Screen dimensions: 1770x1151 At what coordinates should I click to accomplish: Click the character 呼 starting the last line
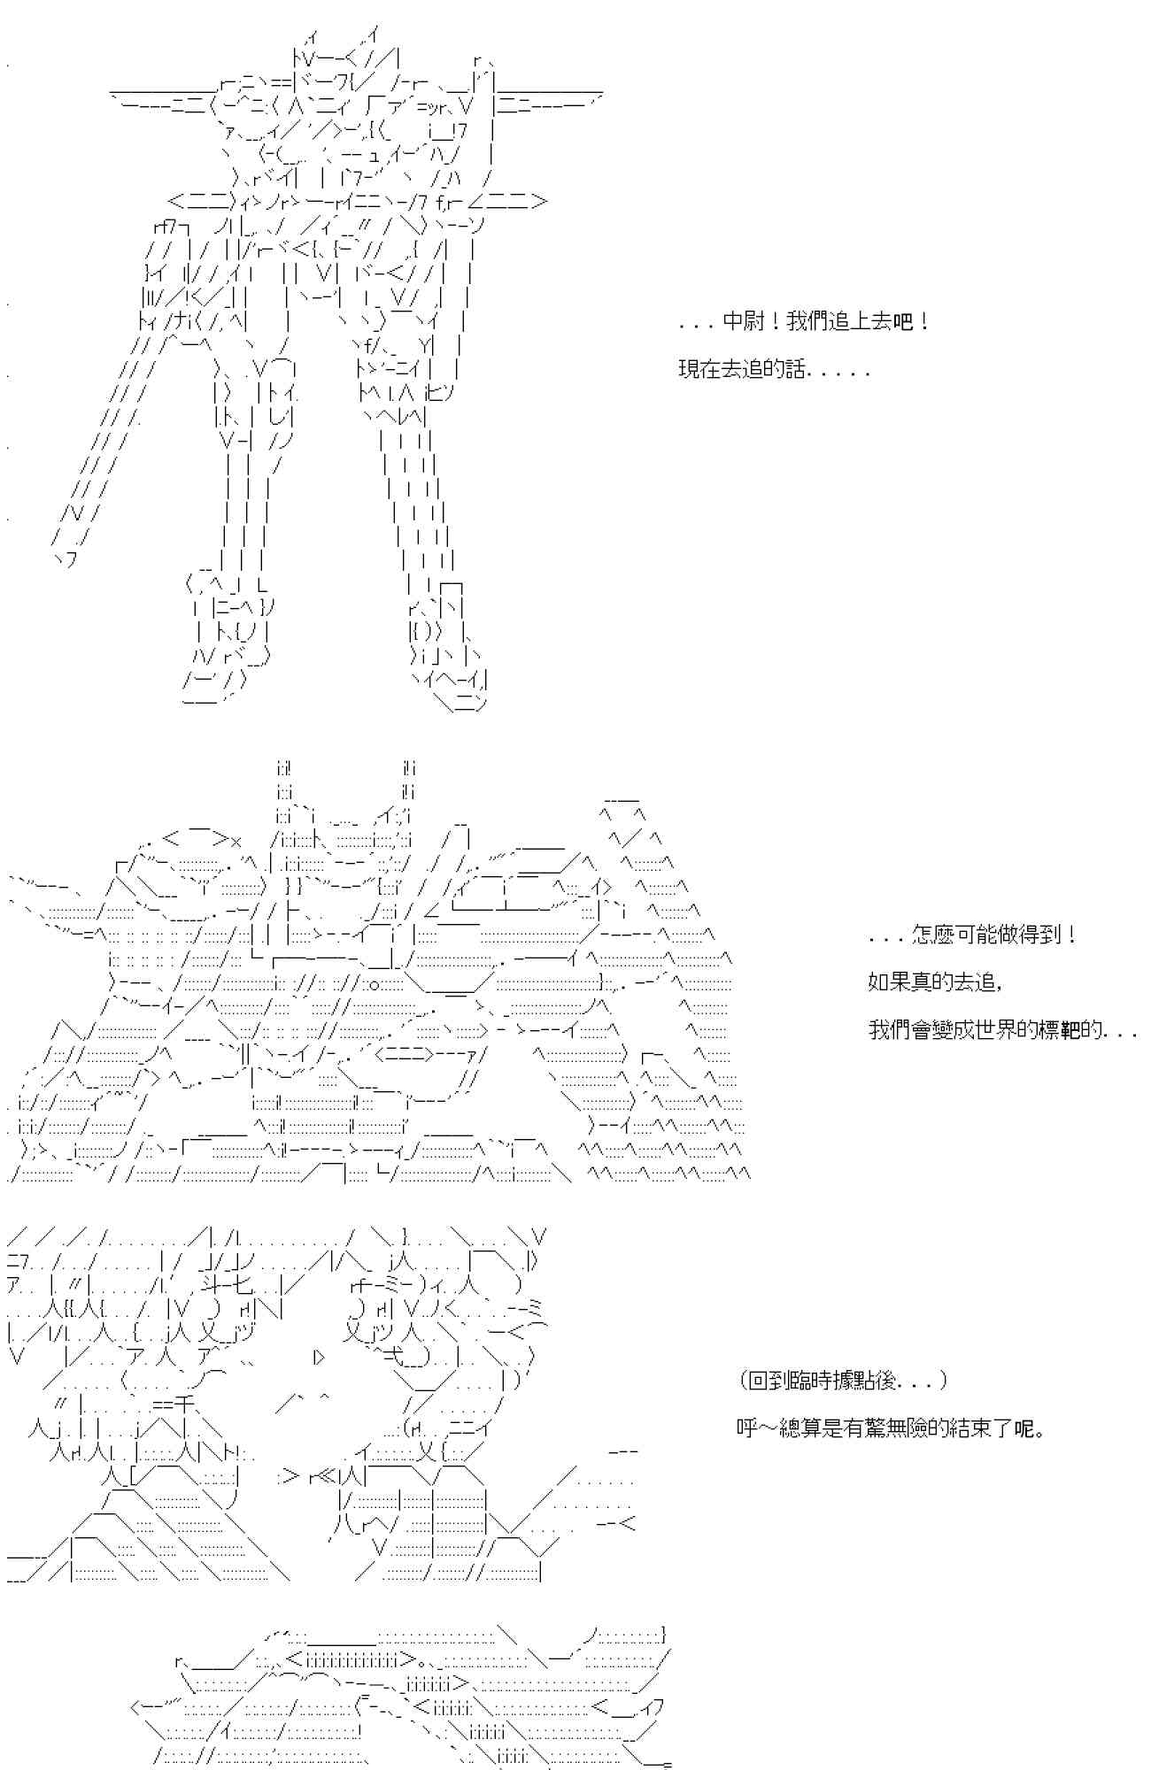pos(746,1428)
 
